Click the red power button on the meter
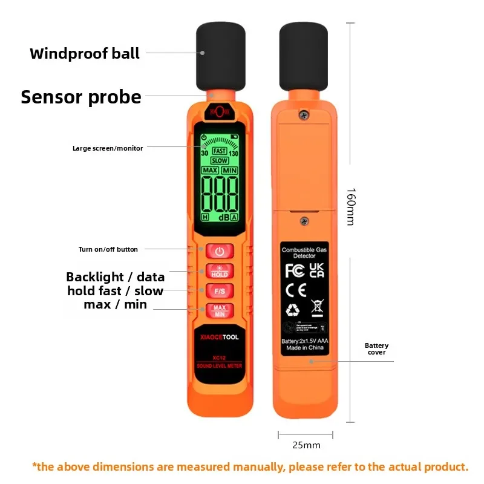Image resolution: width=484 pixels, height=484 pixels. [x=219, y=251]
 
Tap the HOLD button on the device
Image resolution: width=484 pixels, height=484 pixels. [x=219, y=271]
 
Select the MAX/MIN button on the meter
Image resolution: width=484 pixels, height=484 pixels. [x=219, y=310]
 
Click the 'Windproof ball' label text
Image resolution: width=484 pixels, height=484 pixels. [x=85, y=53]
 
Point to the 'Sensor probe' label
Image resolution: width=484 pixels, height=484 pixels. [x=81, y=97]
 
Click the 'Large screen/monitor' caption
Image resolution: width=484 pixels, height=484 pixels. [x=108, y=148]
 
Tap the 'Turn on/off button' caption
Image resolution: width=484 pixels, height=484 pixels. [x=108, y=249]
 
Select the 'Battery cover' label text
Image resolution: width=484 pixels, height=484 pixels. [x=376, y=349]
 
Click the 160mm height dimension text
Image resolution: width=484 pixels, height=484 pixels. [x=350, y=206]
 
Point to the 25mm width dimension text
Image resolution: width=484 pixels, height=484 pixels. [x=306, y=445]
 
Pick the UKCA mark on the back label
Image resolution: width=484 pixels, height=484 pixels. [x=317, y=270]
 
